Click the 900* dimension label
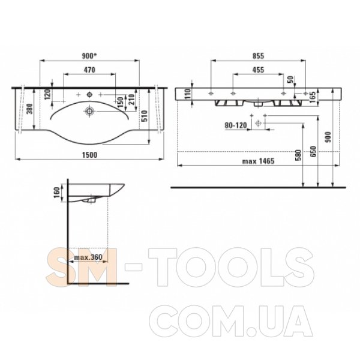[89, 56]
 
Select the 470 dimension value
[89, 70]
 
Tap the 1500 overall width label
[89, 155]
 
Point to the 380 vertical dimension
[30, 109]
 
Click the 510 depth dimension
[145, 116]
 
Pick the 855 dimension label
[258, 56]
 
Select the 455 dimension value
[258, 70]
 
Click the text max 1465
[258, 161]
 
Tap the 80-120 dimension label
[236, 125]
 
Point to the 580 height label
[298, 155]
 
